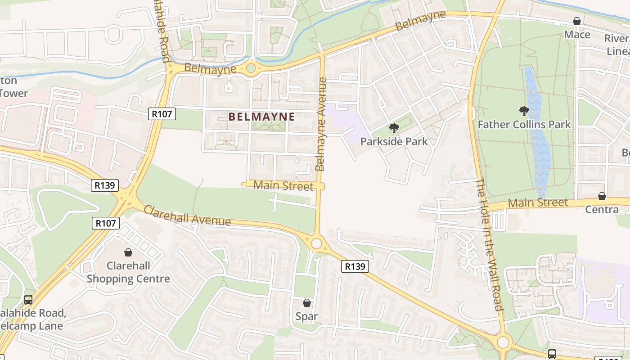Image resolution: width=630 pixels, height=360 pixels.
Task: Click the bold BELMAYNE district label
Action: pos(261,117)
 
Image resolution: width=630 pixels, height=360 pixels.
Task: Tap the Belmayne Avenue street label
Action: pos(321,124)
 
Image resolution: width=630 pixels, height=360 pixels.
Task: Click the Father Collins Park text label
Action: pos(524,125)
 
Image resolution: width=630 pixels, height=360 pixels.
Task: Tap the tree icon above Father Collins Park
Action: pos(524,111)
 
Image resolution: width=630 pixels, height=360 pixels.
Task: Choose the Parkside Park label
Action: pos(394,142)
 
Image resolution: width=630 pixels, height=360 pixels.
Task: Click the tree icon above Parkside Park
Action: pos(394,128)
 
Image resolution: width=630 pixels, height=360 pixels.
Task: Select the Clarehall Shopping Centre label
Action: pos(128,272)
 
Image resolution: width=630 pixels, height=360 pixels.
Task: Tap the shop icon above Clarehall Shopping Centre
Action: pos(128,252)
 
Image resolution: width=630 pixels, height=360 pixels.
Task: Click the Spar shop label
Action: pos(306,316)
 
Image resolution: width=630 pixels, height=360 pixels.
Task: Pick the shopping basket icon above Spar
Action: pos(306,303)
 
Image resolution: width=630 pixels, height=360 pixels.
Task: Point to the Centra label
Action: pos(602,210)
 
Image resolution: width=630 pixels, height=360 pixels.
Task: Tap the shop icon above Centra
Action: pos(602,196)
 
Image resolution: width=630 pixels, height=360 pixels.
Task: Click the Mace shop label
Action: pos(577,35)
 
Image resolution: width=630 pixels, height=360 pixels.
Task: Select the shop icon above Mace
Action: pos(577,21)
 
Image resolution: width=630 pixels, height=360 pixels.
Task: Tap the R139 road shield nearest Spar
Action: pos(355,266)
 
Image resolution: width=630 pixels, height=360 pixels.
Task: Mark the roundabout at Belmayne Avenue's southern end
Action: pos(316,243)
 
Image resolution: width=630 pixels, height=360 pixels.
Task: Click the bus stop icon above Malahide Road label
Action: pos(28,299)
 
